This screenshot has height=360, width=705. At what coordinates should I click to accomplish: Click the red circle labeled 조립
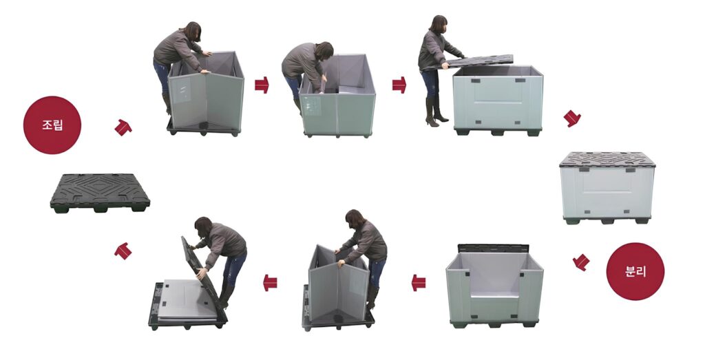coord(52,125)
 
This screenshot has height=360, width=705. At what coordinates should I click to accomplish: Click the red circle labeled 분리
coord(635,271)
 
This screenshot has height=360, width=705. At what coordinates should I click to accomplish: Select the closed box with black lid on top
coord(607,188)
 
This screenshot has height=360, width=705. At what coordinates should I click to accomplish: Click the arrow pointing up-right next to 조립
coord(123,127)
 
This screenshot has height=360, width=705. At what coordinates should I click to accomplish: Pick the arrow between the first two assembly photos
coord(262,85)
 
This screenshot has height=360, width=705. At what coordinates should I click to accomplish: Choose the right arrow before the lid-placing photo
coord(399,85)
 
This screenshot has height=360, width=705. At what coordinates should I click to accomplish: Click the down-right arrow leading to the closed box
coord(572,118)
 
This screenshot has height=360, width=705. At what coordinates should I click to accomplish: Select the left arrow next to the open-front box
coord(419,283)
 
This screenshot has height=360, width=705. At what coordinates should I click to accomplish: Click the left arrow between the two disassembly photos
coord(270,283)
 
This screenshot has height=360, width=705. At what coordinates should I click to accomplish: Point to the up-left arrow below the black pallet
coord(123,251)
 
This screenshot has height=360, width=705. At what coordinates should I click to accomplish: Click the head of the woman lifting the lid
coord(438,24)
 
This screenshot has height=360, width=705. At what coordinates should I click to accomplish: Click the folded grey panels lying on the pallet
coord(188,299)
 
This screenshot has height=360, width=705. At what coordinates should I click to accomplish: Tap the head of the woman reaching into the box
coord(324,51)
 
